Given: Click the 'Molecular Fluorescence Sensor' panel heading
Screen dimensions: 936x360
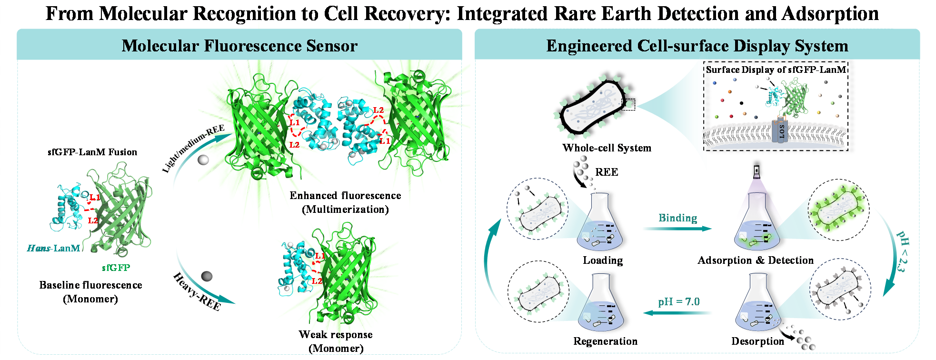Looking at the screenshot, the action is [239, 46].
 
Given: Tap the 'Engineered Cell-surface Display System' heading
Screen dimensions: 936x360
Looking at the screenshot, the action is [697, 46].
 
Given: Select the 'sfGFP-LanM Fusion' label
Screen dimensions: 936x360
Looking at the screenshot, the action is [92, 152].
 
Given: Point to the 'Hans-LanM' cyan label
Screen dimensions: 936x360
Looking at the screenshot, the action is [54, 248].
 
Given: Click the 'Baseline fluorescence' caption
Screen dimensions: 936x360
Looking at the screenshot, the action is [91, 285].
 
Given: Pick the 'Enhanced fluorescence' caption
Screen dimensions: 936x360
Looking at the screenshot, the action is [345, 195].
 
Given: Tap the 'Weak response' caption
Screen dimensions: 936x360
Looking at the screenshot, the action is [336, 334].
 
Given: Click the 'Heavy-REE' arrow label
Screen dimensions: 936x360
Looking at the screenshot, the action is [197, 291].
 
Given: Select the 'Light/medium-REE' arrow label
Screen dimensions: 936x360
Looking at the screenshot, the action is [193, 149].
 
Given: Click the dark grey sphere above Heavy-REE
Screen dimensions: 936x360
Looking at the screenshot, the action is [207, 276].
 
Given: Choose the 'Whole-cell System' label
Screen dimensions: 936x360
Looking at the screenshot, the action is [607, 148].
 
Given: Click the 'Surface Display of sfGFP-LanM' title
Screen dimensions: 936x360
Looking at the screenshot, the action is [776, 70].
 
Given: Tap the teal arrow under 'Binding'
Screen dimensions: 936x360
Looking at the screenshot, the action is [677, 229].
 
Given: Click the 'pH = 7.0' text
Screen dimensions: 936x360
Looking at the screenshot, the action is [679, 302].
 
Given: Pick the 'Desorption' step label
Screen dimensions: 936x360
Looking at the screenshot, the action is [757, 341].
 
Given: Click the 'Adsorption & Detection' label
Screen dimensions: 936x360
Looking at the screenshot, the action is [756, 260].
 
